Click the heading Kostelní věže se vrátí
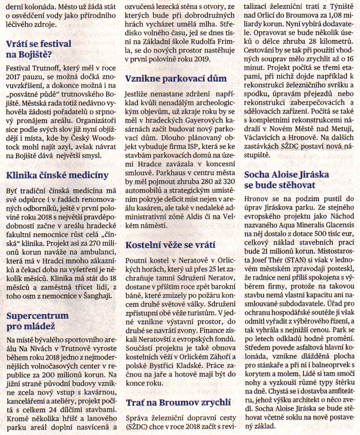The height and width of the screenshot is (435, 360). (x=171, y=244)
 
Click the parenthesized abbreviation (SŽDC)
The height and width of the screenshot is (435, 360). (x=138, y=427)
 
